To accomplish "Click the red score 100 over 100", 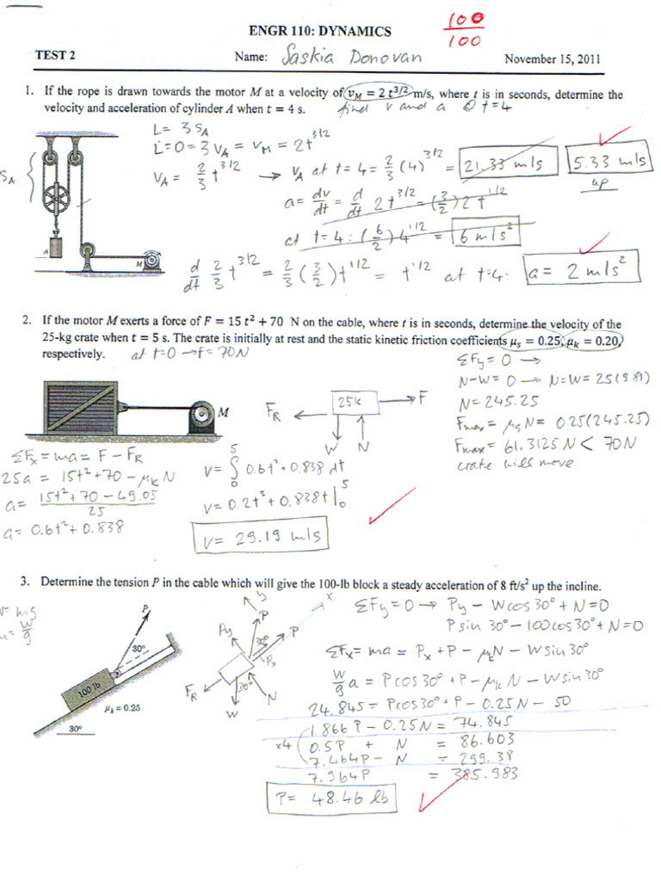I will point(465,28).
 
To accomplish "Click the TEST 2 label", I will point(55,56).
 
